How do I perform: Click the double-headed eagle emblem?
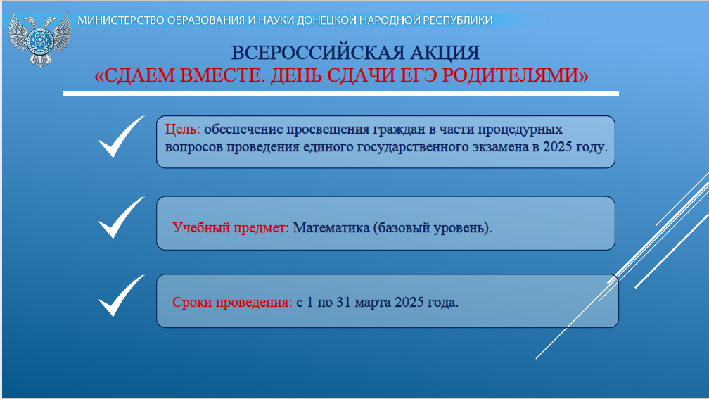[40, 39]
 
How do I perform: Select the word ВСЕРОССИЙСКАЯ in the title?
[317, 53]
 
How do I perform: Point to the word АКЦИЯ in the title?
[445, 53]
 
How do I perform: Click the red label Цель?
[183, 129]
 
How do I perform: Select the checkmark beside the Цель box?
[121, 137]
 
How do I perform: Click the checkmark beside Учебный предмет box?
[121, 217]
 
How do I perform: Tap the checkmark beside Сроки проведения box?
[121, 296]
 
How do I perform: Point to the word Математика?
[331, 227]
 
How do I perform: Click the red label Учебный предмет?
[231, 227]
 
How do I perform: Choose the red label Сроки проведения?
[232, 302]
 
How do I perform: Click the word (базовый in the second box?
[402, 228]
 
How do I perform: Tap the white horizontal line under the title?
[340, 94]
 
